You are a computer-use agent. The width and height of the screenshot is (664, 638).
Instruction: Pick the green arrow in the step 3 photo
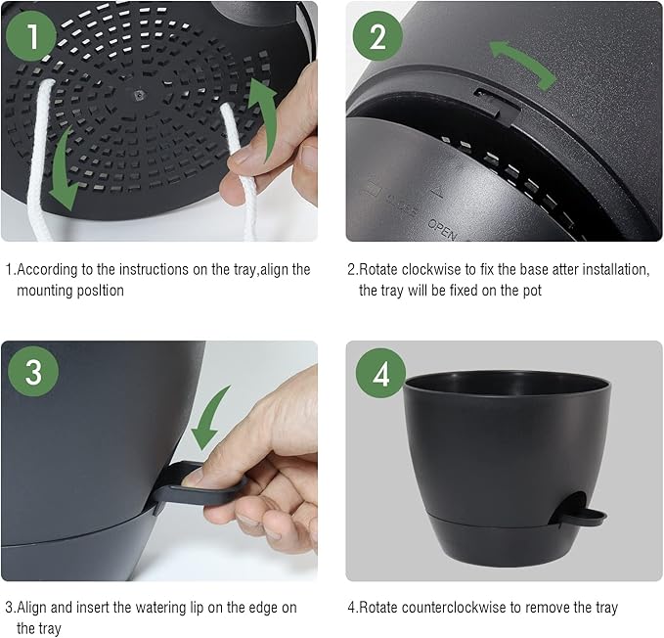click(213, 419)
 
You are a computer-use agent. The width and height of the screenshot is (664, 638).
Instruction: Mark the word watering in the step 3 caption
click(169, 608)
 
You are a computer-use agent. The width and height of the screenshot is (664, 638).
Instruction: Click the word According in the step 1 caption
click(48, 269)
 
